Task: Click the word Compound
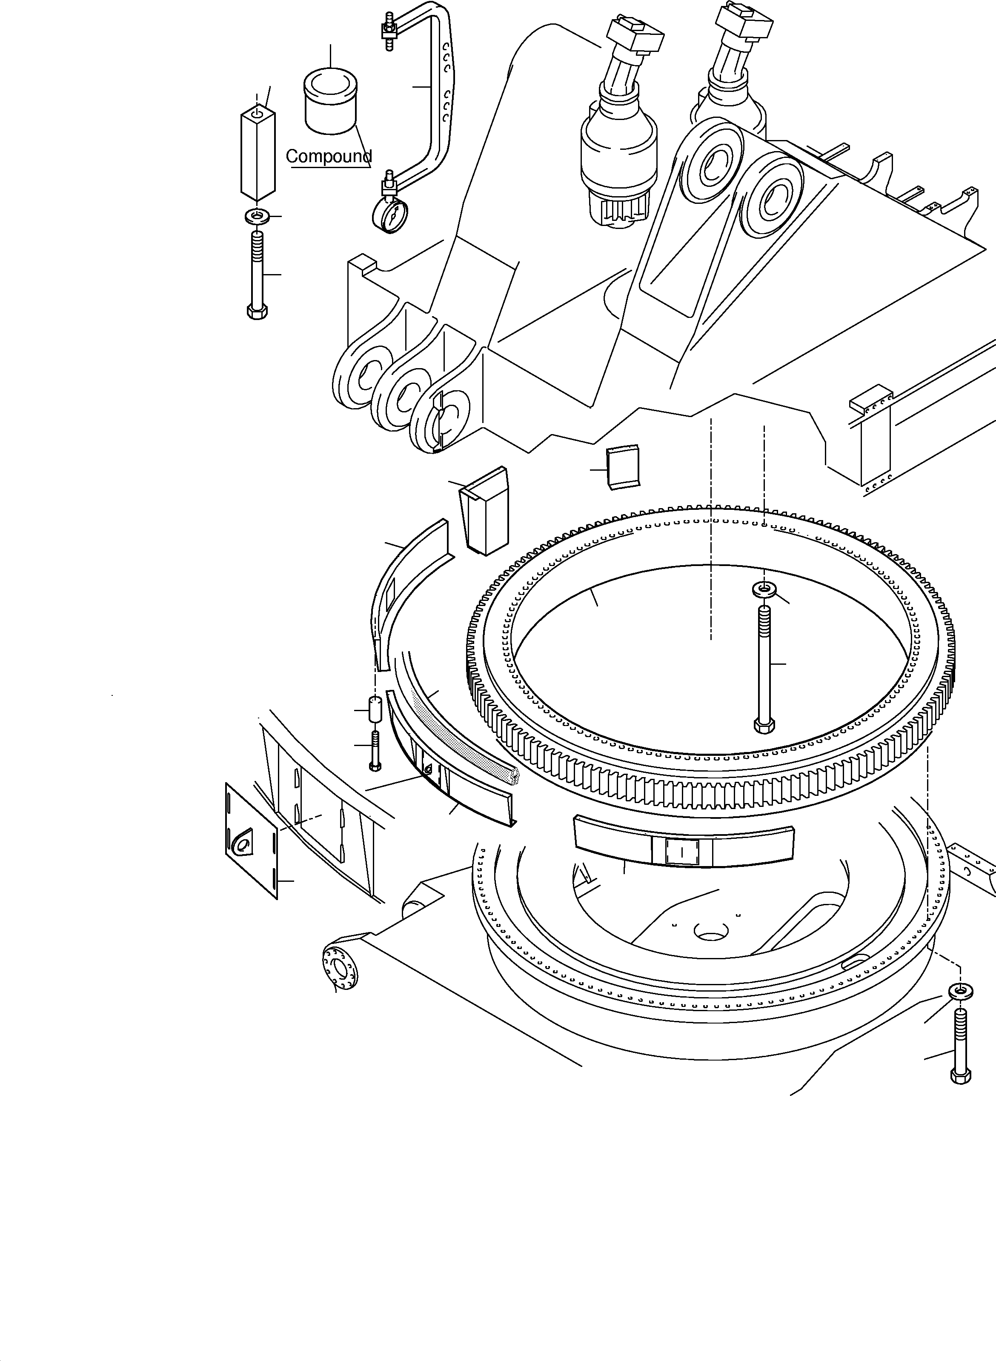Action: tap(328, 157)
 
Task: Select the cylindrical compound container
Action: tap(331, 101)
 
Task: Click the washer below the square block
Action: tap(258, 216)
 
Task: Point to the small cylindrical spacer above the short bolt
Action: tap(375, 710)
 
